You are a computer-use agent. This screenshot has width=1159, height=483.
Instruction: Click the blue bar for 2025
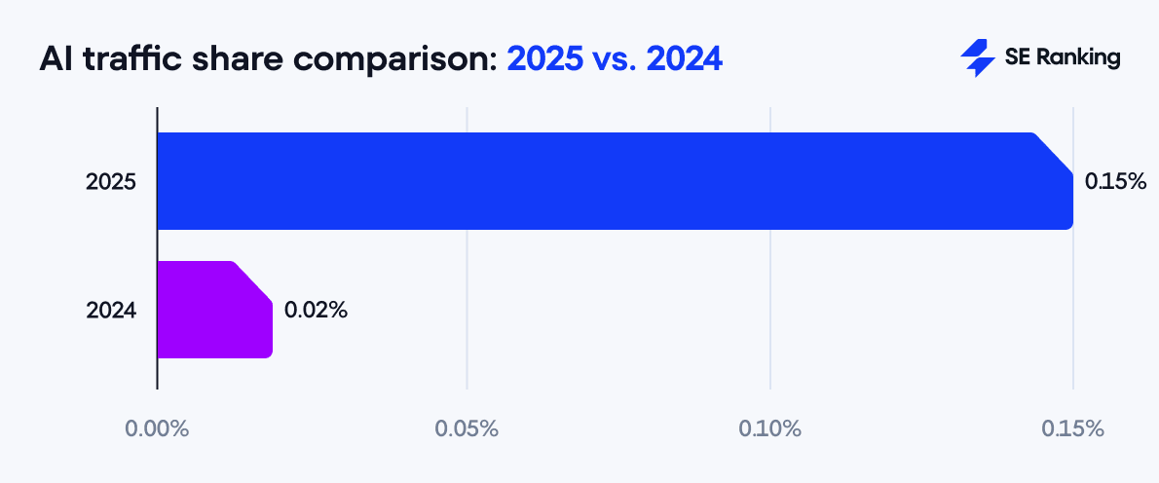coord(614,181)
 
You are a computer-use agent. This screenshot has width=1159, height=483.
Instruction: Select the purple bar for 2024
coord(214,310)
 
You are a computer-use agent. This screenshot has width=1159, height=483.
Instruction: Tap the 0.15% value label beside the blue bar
coord(1115,181)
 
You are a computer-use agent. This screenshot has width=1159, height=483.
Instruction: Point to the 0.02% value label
coord(316,310)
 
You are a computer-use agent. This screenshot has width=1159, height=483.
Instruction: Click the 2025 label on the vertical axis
coord(110,181)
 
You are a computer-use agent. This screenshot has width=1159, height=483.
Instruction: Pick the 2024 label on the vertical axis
coord(110,311)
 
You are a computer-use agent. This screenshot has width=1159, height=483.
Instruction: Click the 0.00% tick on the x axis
coord(156,428)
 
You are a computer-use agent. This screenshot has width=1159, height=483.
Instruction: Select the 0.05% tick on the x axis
coord(467,428)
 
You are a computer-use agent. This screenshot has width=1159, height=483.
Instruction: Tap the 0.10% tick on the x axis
coord(769,428)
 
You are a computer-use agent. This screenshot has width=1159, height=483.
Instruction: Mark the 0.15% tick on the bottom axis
coord(1072,428)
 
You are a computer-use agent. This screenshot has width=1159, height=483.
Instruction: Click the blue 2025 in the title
coord(543,59)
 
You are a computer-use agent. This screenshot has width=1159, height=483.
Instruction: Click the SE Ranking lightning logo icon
coord(976,58)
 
